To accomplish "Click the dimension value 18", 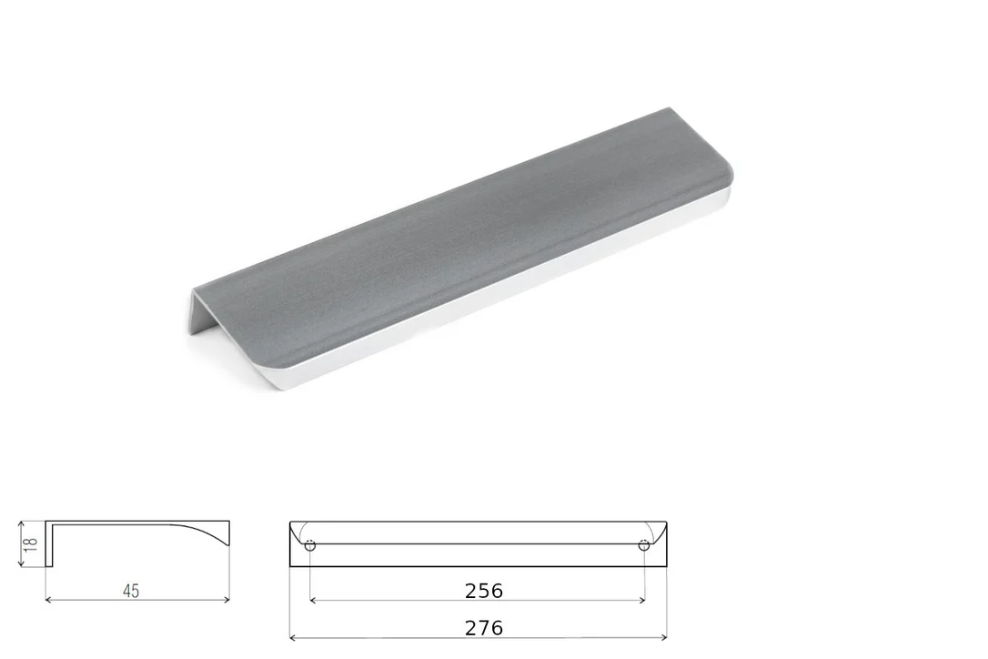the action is (x=30, y=543).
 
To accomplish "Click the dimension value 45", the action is (x=131, y=591).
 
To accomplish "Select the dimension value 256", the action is (x=484, y=591).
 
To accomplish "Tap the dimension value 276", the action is (x=484, y=628).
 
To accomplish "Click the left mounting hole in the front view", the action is (x=310, y=545).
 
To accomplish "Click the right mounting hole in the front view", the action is (x=643, y=545).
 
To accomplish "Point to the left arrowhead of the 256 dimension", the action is (x=313, y=601).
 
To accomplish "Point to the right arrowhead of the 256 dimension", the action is (x=640, y=601).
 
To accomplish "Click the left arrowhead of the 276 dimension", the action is (x=293, y=637).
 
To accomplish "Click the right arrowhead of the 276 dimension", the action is (x=663, y=637).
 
